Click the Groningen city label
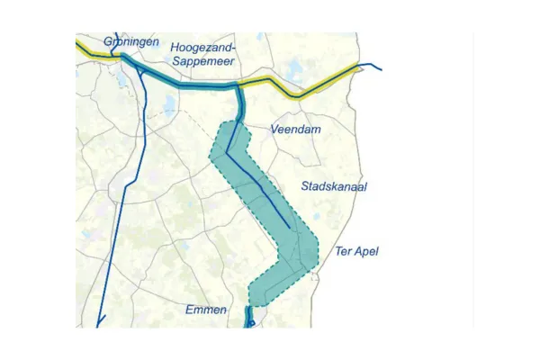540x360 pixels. coord(131,41)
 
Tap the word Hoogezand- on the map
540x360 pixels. coord(202,46)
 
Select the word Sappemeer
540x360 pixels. coord(202,61)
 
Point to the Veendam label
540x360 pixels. coord(296,130)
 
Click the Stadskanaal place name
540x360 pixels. coord(334,186)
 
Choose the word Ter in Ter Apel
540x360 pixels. coord(343,251)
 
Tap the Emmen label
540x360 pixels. coord(206,310)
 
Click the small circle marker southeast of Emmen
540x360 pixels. coord(252,323)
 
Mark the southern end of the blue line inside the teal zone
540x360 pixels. coord(290,229)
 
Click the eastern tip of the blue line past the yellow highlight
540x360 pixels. coord(381,67)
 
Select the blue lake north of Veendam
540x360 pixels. coord(293,69)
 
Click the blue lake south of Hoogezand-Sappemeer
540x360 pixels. coord(169,107)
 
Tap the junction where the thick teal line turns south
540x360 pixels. coord(238,87)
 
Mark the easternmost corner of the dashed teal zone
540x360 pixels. coord(319,253)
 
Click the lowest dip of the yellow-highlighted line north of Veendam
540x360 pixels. coord(299,94)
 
